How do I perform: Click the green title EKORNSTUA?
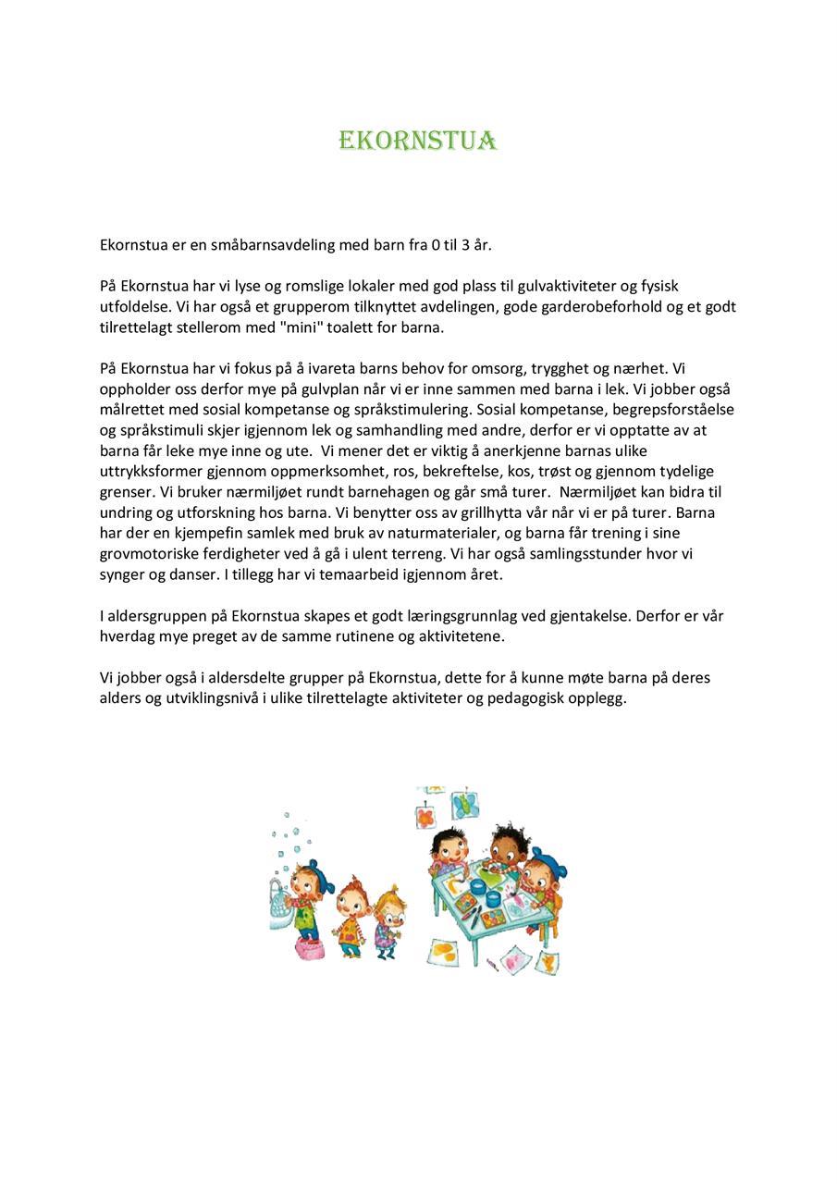pyautogui.click(x=418, y=141)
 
